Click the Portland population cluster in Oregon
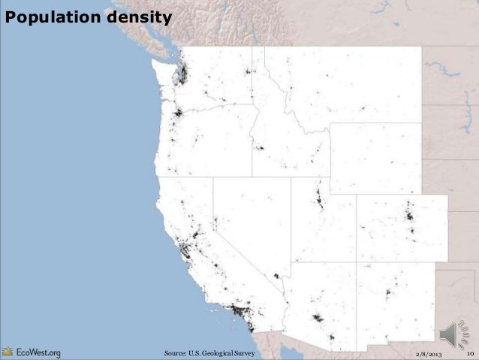click(179, 114)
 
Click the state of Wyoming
click(375, 158)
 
